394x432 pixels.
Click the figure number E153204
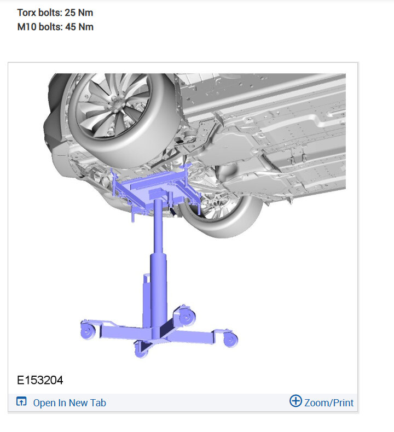[40, 380]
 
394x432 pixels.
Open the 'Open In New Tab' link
[69, 403]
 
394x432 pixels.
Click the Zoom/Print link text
[329, 403]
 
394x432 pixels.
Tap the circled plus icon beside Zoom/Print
[296, 401]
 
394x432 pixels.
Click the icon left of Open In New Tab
[21, 402]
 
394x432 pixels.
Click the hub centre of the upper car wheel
[119, 102]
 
